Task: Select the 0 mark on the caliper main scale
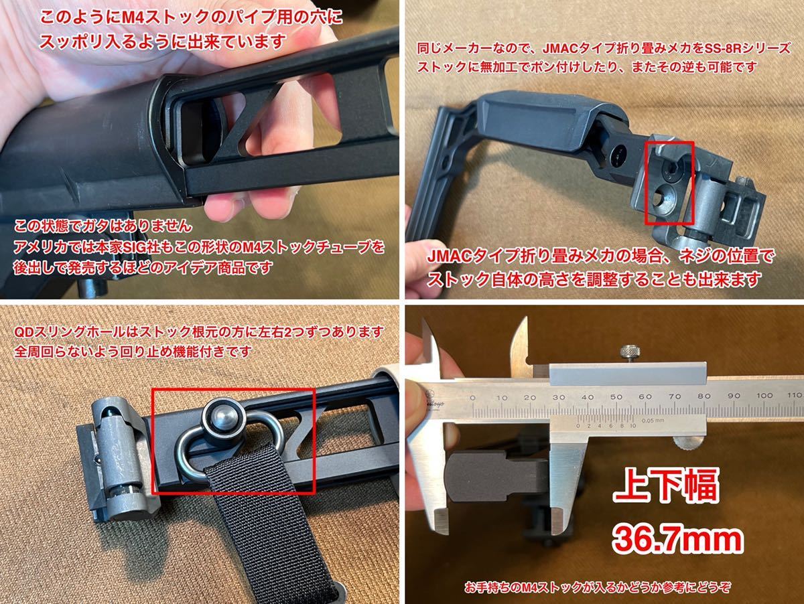point(473,396)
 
